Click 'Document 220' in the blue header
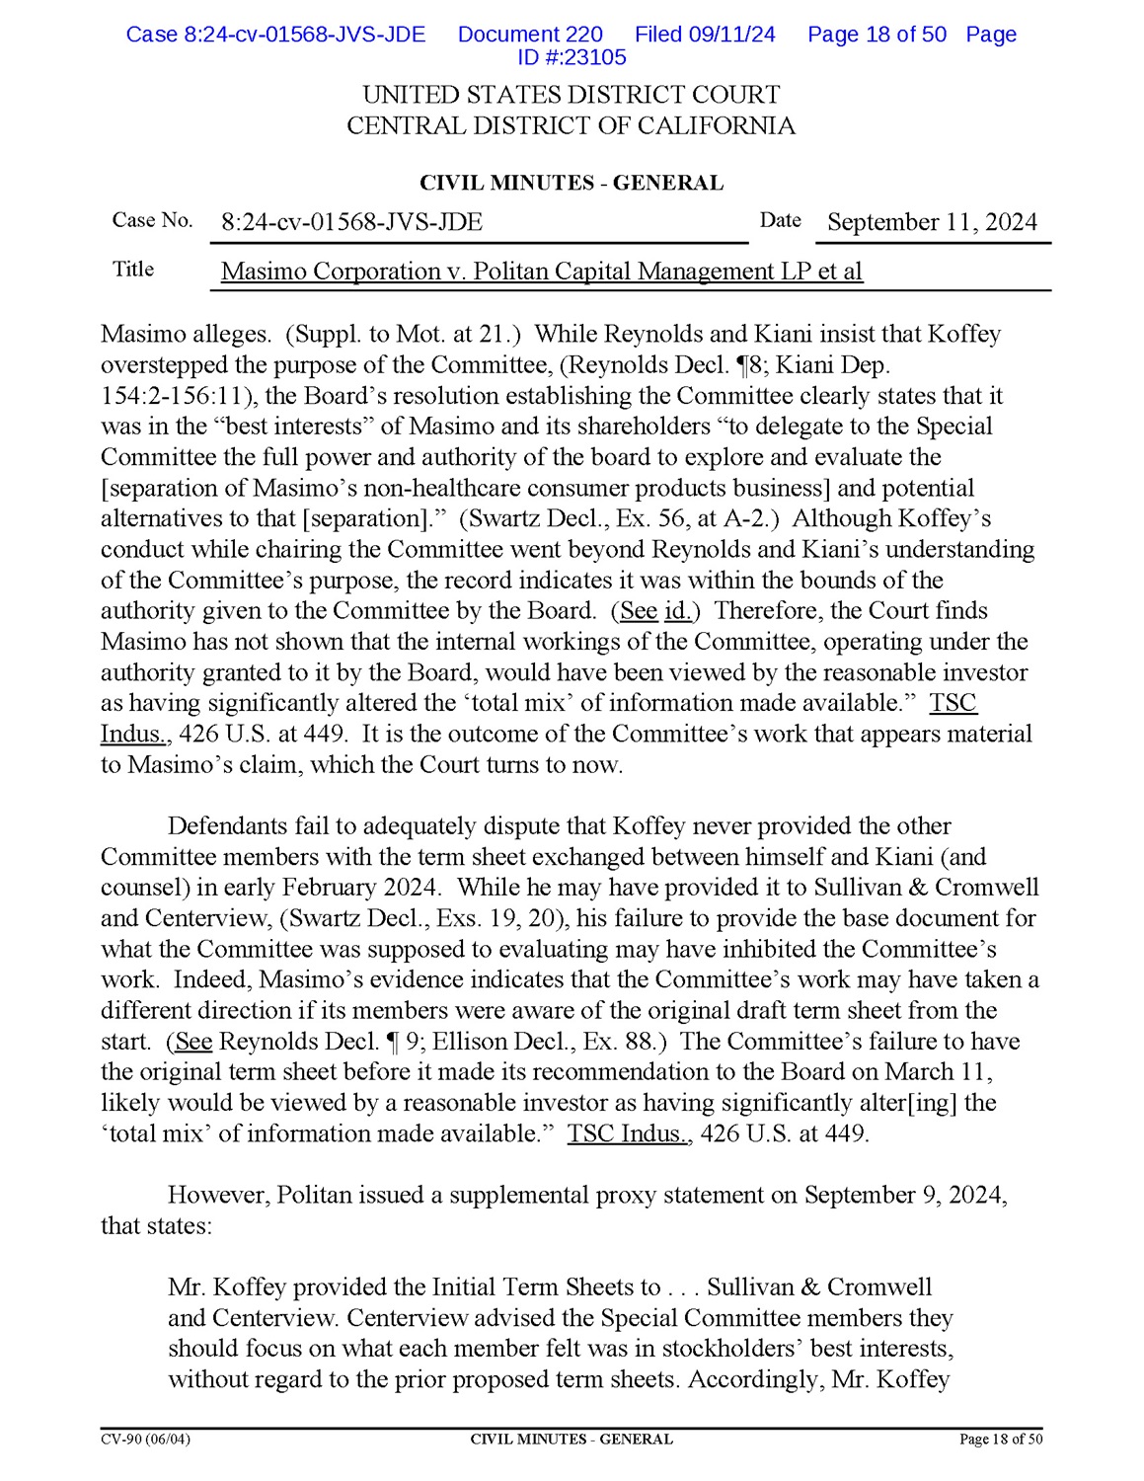[x=530, y=35]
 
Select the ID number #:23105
[x=572, y=57]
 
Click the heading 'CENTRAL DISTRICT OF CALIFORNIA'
[x=571, y=126]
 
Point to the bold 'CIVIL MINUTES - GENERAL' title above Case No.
[x=572, y=183]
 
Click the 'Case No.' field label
[x=152, y=220]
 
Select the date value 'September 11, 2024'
[x=932, y=222]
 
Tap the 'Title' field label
[x=133, y=269]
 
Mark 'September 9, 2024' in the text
[x=904, y=1196]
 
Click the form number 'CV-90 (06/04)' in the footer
[x=146, y=1440]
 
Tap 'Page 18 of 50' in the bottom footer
[x=1000, y=1440]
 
